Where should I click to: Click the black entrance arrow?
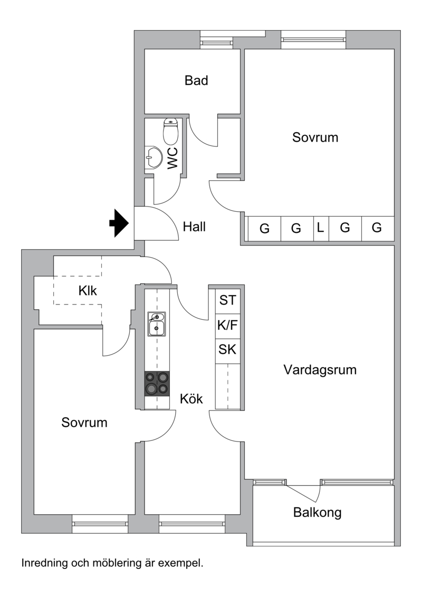(x=119, y=223)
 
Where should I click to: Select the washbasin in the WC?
(x=154, y=157)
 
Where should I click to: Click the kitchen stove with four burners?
(x=157, y=384)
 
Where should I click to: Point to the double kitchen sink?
(x=157, y=323)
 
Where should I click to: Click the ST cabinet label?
(x=228, y=301)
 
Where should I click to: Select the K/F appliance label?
(x=228, y=326)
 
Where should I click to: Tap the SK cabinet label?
(x=228, y=350)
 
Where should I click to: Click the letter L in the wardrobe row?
(x=320, y=228)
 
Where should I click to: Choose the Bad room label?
(x=196, y=81)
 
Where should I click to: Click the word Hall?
(x=194, y=227)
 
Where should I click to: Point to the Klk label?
(x=88, y=290)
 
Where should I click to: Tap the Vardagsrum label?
(x=320, y=370)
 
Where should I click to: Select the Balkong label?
(x=318, y=512)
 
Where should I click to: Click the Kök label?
(x=191, y=399)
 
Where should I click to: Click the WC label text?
(x=172, y=159)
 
